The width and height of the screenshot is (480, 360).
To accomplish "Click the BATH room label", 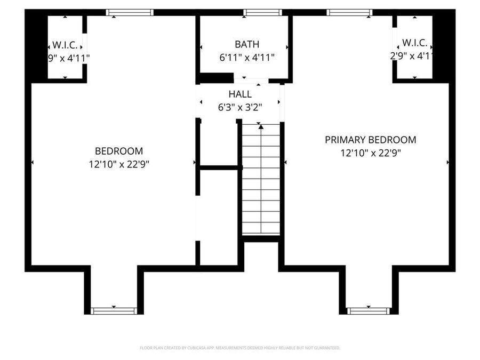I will [x=246, y=44].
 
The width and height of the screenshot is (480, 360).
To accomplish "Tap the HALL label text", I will [x=239, y=94].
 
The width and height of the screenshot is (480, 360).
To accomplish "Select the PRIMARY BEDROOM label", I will [x=371, y=140].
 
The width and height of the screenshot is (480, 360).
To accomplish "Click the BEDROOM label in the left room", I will [x=119, y=151].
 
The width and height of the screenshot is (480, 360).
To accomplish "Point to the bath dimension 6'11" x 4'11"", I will [x=246, y=57].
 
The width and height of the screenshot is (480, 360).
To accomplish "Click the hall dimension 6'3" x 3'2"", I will [x=239, y=107].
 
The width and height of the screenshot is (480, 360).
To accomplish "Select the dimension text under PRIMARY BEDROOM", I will [x=371, y=153].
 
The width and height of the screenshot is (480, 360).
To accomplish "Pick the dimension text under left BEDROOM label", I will [x=119, y=164].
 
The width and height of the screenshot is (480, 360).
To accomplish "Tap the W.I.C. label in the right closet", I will [x=414, y=42].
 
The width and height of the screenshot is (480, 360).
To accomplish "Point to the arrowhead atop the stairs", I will [x=261, y=127].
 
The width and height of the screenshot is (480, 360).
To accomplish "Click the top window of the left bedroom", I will [x=130, y=12].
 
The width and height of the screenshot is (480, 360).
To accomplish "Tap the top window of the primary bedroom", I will [x=349, y=12].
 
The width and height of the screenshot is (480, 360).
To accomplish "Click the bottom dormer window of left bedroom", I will [x=114, y=310].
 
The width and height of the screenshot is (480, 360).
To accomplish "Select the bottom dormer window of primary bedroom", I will [x=368, y=310].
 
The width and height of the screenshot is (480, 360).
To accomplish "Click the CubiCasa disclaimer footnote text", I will [x=239, y=348].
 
